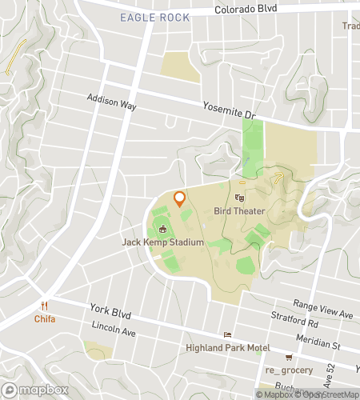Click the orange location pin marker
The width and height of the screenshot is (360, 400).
click(x=179, y=198)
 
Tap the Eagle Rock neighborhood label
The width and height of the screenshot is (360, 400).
click(x=154, y=18)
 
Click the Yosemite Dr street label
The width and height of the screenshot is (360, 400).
click(x=229, y=110)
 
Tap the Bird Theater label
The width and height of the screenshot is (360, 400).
click(x=239, y=211)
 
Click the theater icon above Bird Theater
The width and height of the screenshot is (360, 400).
click(x=238, y=198)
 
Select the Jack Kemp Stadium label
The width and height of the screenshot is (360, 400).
click(x=162, y=242)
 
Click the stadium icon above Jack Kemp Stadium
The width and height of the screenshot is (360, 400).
click(x=162, y=229)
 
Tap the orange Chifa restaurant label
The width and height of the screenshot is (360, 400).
click(x=44, y=318)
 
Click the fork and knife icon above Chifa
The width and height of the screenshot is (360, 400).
click(x=45, y=306)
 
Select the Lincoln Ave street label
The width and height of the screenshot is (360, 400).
click(x=111, y=328)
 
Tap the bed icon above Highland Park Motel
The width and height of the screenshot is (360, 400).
click(x=228, y=335)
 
